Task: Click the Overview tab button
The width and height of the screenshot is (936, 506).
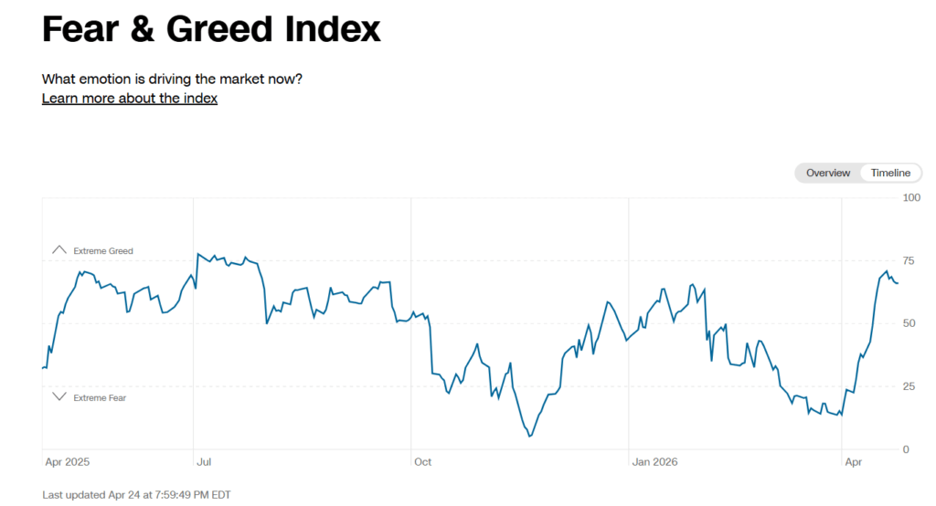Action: click(x=828, y=173)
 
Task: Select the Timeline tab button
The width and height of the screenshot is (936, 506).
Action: click(x=889, y=173)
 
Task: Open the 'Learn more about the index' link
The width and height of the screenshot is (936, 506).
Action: click(x=130, y=99)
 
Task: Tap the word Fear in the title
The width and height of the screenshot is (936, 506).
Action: click(x=80, y=29)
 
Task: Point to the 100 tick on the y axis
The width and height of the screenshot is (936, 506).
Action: click(x=911, y=197)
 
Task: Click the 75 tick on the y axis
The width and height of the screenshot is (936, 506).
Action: click(x=909, y=260)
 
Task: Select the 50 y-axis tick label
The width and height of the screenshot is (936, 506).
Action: click(x=909, y=323)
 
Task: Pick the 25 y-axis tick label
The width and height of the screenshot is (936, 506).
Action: click(x=909, y=386)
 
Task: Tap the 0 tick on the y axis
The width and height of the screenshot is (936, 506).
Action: click(x=906, y=449)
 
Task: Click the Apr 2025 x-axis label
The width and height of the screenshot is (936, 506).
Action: click(x=66, y=462)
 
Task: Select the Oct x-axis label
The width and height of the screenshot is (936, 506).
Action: click(x=422, y=462)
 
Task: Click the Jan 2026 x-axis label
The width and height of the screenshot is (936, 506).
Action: click(x=654, y=462)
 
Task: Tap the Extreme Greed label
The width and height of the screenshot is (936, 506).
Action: click(x=103, y=250)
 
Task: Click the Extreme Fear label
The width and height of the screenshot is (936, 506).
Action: click(x=100, y=397)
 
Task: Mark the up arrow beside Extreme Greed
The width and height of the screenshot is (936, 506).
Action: click(x=59, y=249)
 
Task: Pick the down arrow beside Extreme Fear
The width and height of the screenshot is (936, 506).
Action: click(x=59, y=396)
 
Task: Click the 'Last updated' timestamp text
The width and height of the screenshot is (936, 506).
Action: click(x=136, y=495)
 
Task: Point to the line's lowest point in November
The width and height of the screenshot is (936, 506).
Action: click(x=529, y=437)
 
